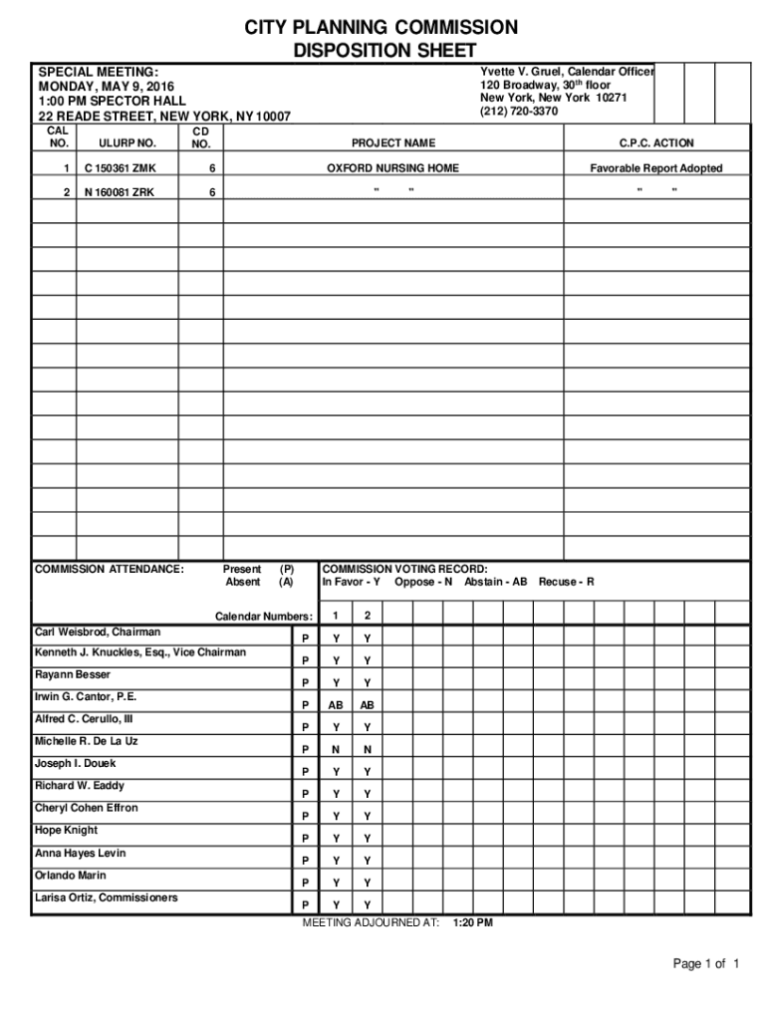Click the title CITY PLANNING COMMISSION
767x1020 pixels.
click(x=383, y=27)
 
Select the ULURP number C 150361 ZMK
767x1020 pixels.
click(x=120, y=168)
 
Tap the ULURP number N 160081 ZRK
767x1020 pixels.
click(x=120, y=192)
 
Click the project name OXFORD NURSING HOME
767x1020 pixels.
click(x=393, y=168)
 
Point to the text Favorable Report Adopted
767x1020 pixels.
click(x=655, y=168)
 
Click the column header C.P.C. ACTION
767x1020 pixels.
click(x=656, y=143)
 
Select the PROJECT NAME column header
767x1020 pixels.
click(x=393, y=143)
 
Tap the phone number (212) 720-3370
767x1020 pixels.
click(x=519, y=112)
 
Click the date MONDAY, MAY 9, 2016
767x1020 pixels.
click(x=106, y=87)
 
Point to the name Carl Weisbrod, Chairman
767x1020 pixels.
click(x=98, y=633)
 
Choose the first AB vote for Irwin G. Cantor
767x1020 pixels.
click(x=336, y=705)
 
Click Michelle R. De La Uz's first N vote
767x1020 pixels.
click(x=336, y=750)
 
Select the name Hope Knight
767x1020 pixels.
click(x=66, y=830)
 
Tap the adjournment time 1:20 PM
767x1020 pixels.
click(x=472, y=923)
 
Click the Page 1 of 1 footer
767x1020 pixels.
click(x=706, y=964)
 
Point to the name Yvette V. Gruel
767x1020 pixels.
click(x=521, y=72)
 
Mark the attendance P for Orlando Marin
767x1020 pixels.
click(x=305, y=884)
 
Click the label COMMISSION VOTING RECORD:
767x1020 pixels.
click(x=404, y=569)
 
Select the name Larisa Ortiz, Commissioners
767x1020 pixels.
click(x=107, y=897)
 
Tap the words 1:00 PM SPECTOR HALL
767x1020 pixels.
click(x=112, y=102)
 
